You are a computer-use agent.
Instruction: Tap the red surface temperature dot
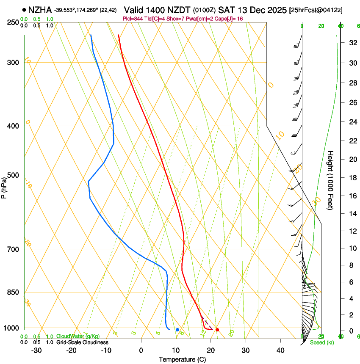(217, 330)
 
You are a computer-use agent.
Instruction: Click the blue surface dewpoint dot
(177, 330)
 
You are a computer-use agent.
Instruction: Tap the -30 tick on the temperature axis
(36, 350)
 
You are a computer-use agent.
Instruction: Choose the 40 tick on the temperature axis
(280, 350)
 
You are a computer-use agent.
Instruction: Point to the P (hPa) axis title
(4, 187)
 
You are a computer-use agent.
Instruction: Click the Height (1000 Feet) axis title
(330, 180)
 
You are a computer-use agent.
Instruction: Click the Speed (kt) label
(322, 342)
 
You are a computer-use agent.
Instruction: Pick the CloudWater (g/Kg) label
(78, 336)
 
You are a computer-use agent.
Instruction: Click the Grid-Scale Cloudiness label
(82, 342)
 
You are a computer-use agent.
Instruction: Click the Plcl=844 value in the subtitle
(134, 19)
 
